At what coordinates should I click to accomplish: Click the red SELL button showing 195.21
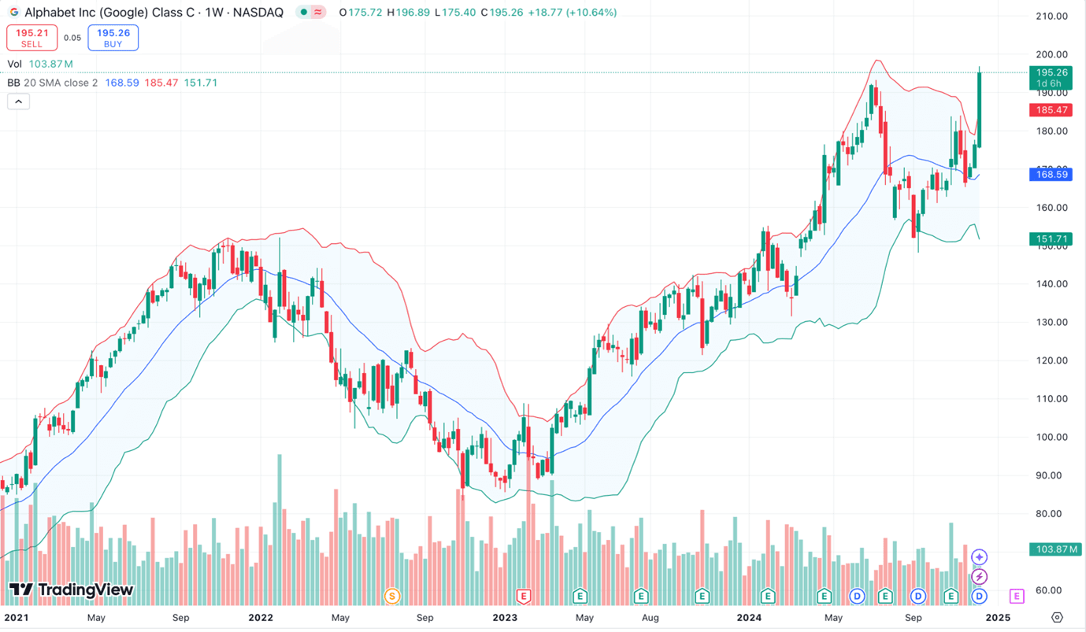click(x=32, y=38)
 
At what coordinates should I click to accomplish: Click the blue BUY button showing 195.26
click(x=113, y=38)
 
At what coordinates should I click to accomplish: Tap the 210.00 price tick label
click(x=1051, y=16)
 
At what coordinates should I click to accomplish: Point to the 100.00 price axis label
click(x=1051, y=438)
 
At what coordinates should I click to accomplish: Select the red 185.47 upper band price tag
click(x=1052, y=111)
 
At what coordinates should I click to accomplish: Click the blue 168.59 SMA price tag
click(x=1052, y=175)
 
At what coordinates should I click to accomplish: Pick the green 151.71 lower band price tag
click(x=1052, y=238)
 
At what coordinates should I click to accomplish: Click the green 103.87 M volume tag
click(x=1055, y=549)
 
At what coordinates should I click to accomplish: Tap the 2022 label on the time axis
click(x=261, y=618)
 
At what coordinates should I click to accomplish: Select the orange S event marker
click(x=391, y=596)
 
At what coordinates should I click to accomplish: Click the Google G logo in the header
click(x=14, y=13)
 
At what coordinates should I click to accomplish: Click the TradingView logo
click(x=71, y=590)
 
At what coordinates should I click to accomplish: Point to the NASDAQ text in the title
click(x=258, y=13)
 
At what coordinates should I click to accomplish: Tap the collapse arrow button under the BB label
click(x=18, y=102)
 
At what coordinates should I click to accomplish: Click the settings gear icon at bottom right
click(x=1057, y=618)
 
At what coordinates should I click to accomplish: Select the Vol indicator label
click(x=15, y=64)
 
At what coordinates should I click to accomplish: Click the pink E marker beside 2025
click(x=1017, y=596)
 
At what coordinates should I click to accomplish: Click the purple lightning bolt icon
click(x=979, y=577)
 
